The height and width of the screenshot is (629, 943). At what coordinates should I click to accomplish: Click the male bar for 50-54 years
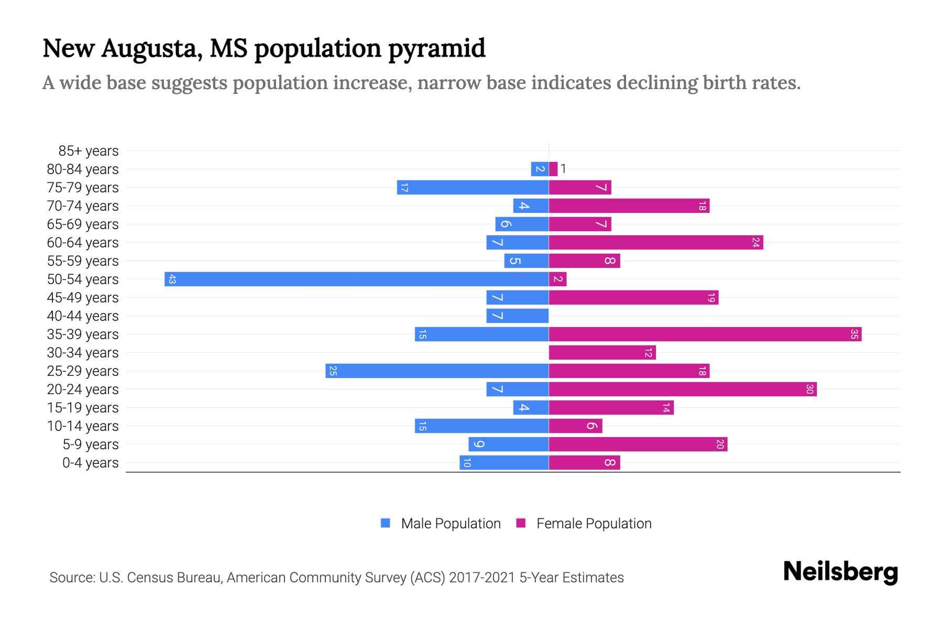click(356, 279)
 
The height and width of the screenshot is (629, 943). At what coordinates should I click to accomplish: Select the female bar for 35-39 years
click(705, 334)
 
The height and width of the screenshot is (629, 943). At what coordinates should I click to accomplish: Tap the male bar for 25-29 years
click(437, 371)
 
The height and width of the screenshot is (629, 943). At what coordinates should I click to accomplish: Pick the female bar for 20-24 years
click(683, 389)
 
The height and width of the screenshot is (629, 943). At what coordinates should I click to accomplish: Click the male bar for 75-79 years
click(473, 187)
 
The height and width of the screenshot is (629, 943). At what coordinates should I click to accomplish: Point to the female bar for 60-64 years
click(656, 242)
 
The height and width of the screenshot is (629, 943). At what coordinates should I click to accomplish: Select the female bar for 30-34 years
click(602, 352)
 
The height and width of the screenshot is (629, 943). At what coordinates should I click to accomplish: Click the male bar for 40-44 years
click(517, 316)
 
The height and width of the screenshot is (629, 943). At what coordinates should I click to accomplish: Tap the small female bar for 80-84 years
click(553, 169)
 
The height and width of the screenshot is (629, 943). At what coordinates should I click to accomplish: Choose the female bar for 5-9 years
click(638, 444)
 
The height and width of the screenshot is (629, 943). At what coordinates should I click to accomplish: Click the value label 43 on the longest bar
click(172, 279)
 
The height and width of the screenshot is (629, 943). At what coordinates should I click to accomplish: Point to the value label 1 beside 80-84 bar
click(563, 169)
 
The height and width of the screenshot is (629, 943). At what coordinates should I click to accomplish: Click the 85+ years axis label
click(89, 151)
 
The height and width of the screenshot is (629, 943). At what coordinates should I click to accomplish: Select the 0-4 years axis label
click(90, 463)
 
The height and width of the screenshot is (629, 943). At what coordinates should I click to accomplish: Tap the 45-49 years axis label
click(83, 298)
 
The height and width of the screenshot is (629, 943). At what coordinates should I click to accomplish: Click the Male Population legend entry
click(451, 524)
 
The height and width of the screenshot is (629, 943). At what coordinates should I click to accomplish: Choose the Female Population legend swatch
click(521, 523)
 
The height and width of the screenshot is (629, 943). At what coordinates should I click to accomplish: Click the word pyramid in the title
click(437, 48)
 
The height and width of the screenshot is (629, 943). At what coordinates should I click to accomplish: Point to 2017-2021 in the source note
click(482, 578)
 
